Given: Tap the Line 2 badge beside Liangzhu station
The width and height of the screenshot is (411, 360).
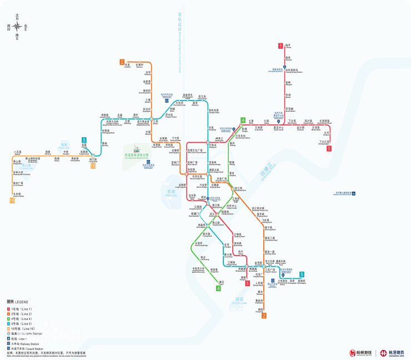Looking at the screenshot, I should tap(122, 62).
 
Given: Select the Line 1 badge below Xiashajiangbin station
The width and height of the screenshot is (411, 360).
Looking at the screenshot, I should tap(329, 148).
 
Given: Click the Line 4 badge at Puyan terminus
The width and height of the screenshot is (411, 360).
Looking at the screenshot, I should tap(218, 288).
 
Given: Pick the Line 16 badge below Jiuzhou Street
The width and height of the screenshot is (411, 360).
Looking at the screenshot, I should tap(12, 201).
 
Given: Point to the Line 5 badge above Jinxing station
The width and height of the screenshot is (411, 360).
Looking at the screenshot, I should tap(84, 140).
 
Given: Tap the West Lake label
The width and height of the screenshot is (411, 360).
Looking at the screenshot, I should tap(171, 192).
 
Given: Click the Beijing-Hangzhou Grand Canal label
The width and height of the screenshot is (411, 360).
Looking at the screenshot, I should tap(181, 44).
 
